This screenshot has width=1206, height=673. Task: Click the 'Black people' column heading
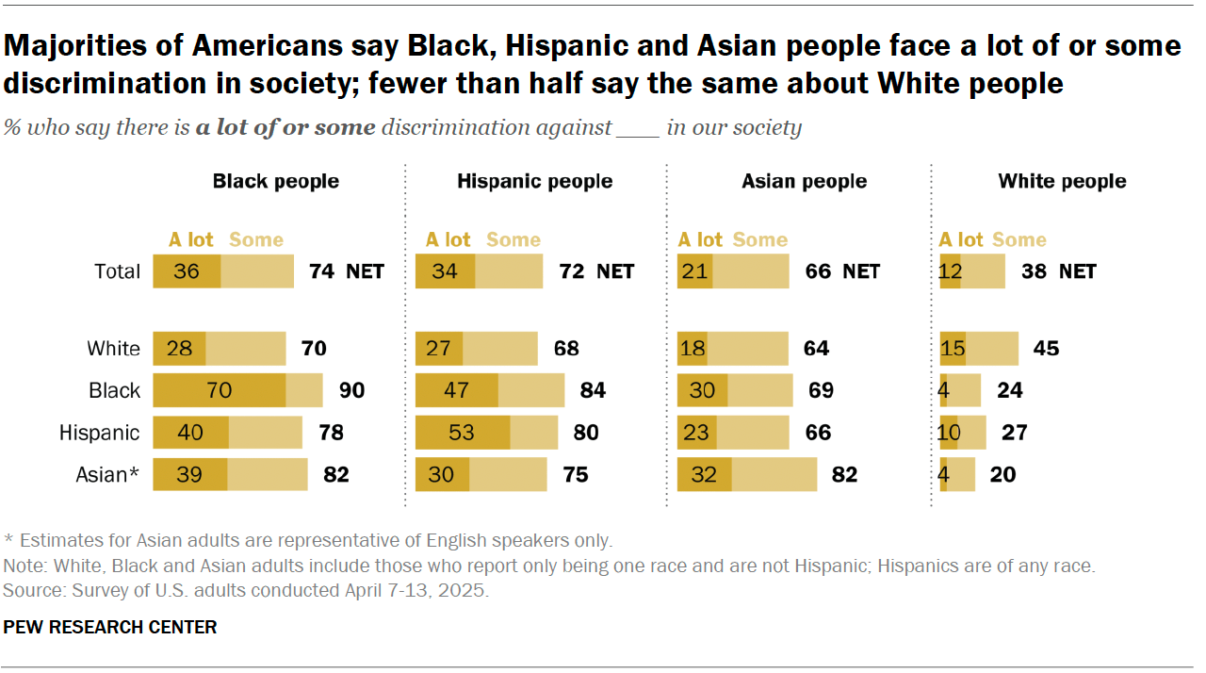pyautogui.click(x=275, y=181)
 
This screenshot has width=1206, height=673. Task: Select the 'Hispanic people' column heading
pyautogui.click(x=534, y=181)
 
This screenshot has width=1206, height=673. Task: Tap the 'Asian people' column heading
pyautogui.click(x=804, y=181)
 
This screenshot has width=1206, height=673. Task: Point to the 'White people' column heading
pyautogui.click(x=1062, y=181)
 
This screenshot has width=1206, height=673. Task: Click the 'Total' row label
pyautogui.click(x=117, y=271)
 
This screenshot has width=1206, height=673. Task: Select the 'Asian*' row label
pyautogui.click(x=107, y=475)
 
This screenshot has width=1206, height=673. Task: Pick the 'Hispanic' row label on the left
pyautogui.click(x=99, y=433)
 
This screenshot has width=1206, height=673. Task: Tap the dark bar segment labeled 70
pyautogui.click(x=219, y=390)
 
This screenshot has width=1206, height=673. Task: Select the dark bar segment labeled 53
pyautogui.click(x=462, y=433)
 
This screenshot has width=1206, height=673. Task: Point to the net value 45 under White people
pyautogui.click(x=1046, y=349)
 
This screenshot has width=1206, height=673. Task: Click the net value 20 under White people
pyautogui.click(x=1002, y=475)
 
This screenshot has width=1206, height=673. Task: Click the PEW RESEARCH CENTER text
pyautogui.click(x=110, y=627)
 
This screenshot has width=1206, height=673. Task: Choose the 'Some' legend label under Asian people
pyautogui.click(x=759, y=239)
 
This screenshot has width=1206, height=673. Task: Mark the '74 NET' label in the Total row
pyautogui.click(x=346, y=271)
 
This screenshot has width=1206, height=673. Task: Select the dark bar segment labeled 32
pyautogui.click(x=705, y=475)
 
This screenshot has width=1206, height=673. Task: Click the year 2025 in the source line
pyautogui.click(x=467, y=591)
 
